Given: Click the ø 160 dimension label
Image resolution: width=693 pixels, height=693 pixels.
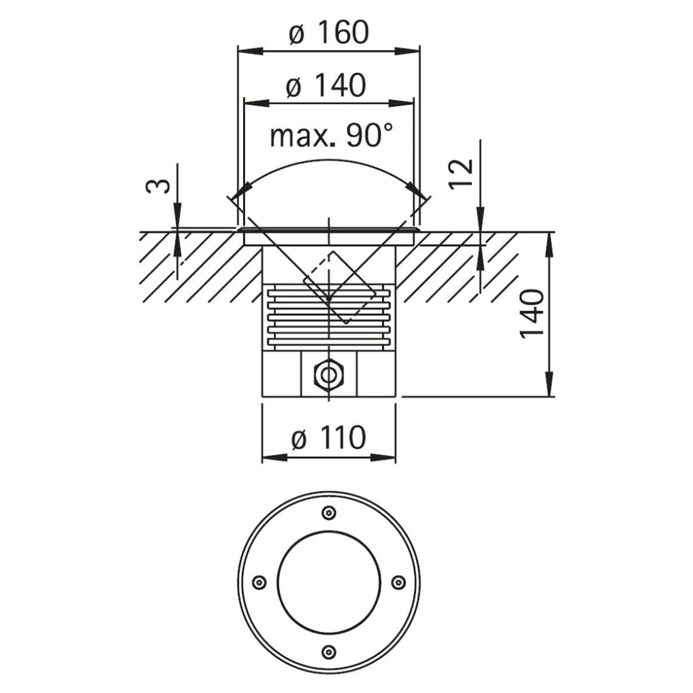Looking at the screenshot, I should point(329,33).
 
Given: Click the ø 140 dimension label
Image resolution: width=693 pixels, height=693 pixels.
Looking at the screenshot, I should point(326,86).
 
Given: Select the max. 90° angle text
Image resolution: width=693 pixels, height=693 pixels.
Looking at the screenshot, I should point(332,136).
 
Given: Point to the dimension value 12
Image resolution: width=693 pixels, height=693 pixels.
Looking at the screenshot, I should point(462,173).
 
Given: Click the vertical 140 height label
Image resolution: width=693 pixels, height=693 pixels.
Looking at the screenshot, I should point(531,314).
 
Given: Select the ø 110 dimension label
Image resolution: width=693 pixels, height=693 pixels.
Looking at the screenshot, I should point(329,438).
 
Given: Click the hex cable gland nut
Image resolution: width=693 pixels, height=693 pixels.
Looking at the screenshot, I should point(328,375).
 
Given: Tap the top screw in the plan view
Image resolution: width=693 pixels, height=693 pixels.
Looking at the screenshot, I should point(328,513).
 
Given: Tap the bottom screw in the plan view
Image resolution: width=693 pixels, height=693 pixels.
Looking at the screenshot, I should point(328,651).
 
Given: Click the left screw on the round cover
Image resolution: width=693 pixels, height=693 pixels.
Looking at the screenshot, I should point(259,582).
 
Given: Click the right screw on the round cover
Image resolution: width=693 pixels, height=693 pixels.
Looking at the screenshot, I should point(397,582).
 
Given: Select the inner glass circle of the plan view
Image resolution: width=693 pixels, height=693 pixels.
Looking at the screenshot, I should point(328,581).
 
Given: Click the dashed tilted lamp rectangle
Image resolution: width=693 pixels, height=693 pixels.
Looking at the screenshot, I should point(340,288).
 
